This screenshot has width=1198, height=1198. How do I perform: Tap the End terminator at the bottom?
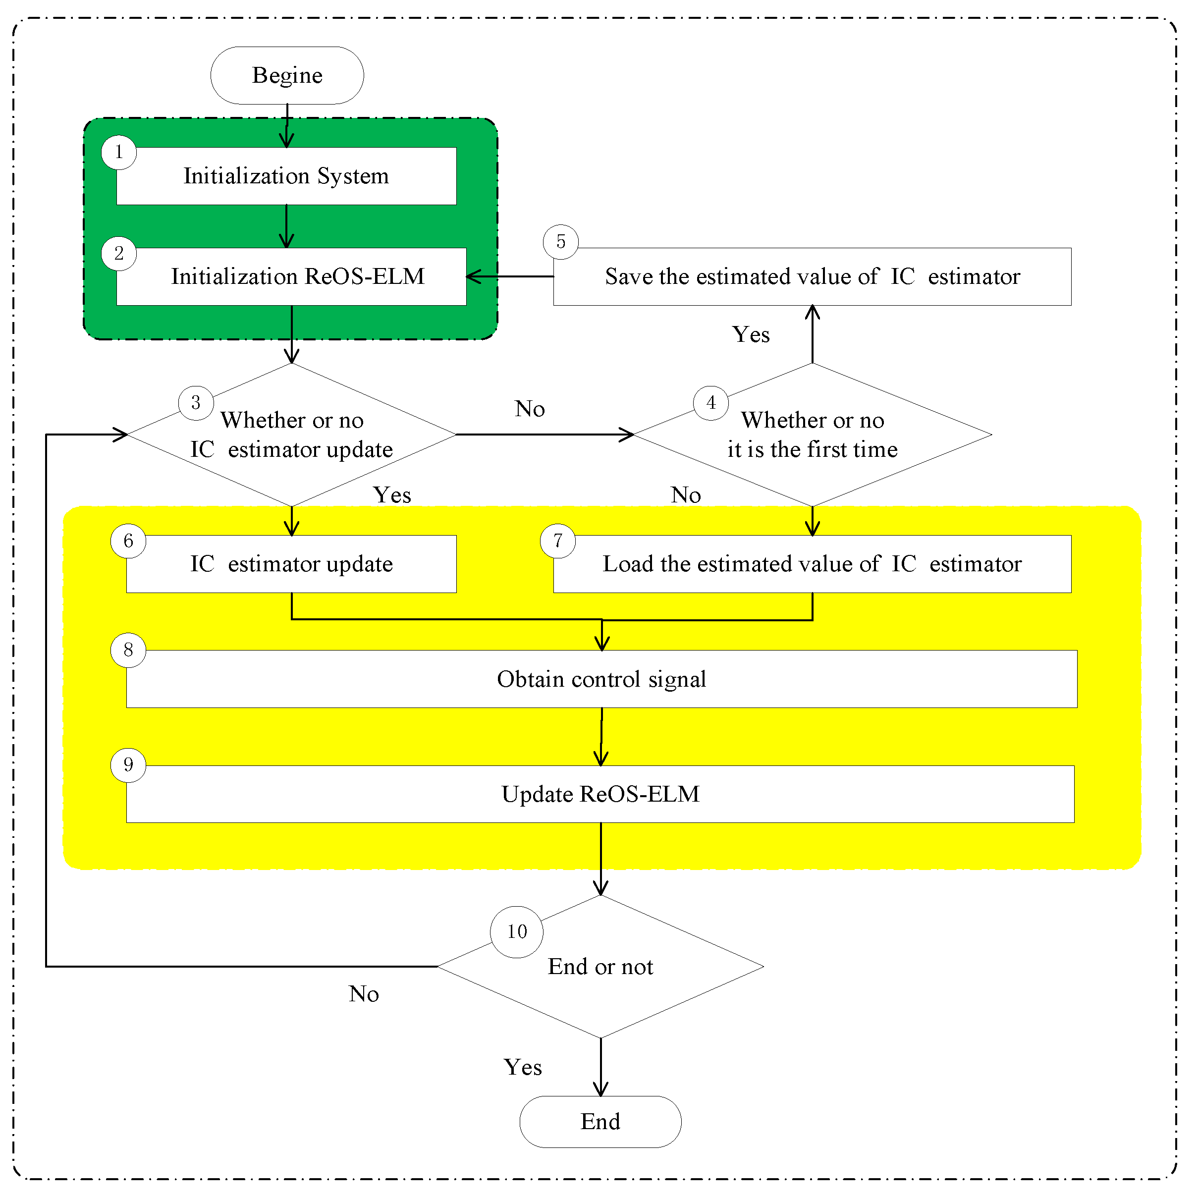(600, 1122)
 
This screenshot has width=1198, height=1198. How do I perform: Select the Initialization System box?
(286, 176)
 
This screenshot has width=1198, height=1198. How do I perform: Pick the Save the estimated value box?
(813, 276)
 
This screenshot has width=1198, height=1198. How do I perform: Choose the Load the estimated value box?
(813, 564)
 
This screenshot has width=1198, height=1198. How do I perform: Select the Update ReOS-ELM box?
(600, 794)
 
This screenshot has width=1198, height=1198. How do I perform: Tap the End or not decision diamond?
(600, 967)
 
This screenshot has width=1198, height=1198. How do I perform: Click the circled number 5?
(560, 242)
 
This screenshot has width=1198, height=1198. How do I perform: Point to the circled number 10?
(517, 931)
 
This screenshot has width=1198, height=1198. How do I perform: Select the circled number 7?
(557, 541)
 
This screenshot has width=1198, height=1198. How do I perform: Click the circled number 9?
(128, 765)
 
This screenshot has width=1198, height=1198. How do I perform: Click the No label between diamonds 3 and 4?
(530, 409)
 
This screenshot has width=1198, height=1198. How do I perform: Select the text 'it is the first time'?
(813, 449)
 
